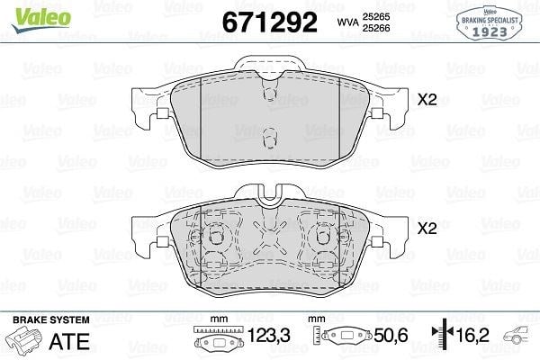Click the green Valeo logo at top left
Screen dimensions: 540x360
(x=41, y=20)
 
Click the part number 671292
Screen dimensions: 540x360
(x=269, y=22)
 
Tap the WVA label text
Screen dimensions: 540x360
(x=347, y=22)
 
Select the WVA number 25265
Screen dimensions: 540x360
(x=376, y=16)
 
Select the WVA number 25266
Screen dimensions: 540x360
(x=376, y=28)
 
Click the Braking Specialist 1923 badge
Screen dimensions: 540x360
(x=490, y=23)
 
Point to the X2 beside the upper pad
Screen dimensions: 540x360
(x=427, y=100)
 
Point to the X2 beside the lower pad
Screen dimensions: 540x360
(x=427, y=228)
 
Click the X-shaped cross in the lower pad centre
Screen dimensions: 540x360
(x=270, y=236)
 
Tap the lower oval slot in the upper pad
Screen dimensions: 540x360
(x=270, y=138)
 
